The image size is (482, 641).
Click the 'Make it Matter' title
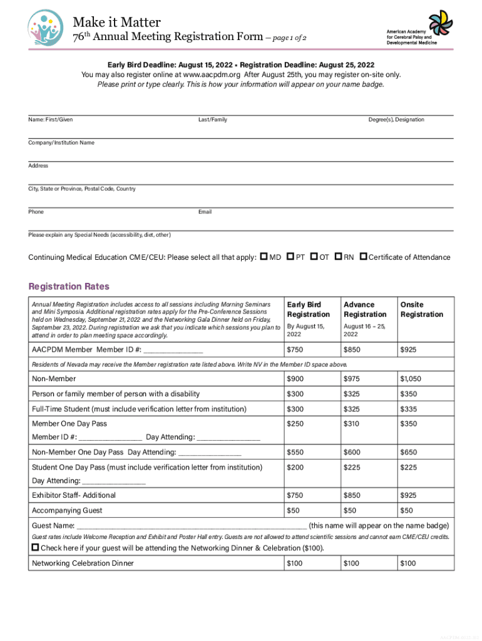tap(117, 23)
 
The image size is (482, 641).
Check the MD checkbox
tap(264, 257)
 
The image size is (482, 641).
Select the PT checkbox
tap(290, 257)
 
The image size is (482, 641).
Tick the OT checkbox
tap(314, 257)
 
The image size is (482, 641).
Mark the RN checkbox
tap(338, 257)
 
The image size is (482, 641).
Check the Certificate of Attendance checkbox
tap(363, 257)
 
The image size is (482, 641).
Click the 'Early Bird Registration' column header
tap(308, 309)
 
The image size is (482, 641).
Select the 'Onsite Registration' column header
tap(421, 309)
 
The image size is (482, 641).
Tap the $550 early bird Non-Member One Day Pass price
tap(295, 452)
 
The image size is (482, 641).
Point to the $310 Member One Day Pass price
tap(351, 424)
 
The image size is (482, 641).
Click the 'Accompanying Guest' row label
tap(67, 510)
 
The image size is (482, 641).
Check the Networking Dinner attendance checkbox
tap(35, 547)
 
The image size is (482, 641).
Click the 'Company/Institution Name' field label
tap(61, 143)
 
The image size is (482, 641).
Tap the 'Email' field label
tap(205, 212)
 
